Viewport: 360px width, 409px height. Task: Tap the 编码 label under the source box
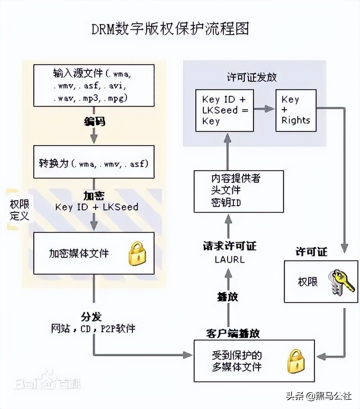pyautogui.click(x=94, y=121)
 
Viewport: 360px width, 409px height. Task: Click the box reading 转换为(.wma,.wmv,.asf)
pyautogui.click(x=94, y=163)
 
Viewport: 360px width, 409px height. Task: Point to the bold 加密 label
pyautogui.click(x=94, y=195)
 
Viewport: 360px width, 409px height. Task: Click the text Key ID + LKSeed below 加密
pyautogui.click(x=96, y=207)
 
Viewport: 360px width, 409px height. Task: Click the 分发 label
pyautogui.click(x=91, y=316)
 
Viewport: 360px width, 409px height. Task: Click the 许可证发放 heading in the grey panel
pyautogui.click(x=251, y=77)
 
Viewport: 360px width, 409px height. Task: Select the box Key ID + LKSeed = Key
pyautogui.click(x=225, y=110)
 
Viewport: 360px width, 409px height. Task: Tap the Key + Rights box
pyautogui.click(x=296, y=110)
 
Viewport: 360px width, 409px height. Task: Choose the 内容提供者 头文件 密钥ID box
pyautogui.click(x=238, y=191)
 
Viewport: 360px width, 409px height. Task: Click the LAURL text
pyautogui.click(x=230, y=260)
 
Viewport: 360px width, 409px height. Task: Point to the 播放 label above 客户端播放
pyautogui.click(x=228, y=297)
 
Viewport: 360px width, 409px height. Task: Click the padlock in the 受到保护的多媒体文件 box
pyautogui.click(x=295, y=361)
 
